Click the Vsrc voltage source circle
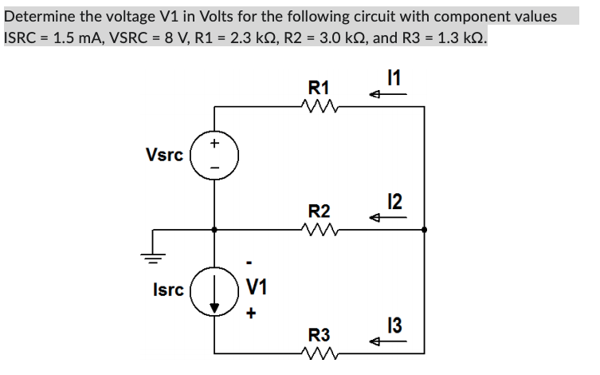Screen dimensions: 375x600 pos(213,155)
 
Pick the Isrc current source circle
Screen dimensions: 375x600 pos(213,290)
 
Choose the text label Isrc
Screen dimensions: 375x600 pos(167,290)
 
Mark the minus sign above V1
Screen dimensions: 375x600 pos(250,262)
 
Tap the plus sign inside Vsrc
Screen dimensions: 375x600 pos(214,144)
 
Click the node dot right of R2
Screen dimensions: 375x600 pos(424,229)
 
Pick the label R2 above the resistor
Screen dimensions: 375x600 pos(320,211)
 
